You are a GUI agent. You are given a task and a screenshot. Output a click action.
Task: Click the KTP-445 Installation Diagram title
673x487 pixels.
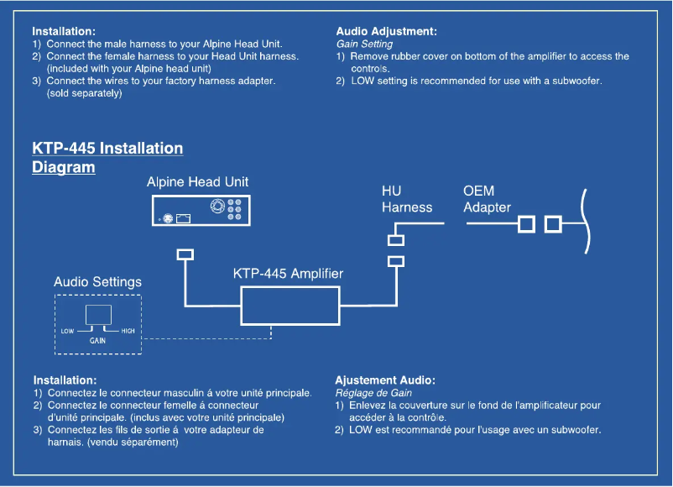coord(107,157)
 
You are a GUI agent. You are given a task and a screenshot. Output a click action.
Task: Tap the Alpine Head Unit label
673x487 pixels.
coord(197,181)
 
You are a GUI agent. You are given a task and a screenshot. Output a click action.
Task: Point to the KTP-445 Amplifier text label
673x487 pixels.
coord(288,274)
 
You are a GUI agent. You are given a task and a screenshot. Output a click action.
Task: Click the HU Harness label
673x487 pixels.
coord(407,199)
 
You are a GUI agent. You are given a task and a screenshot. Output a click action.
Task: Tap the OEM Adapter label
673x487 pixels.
coord(487,199)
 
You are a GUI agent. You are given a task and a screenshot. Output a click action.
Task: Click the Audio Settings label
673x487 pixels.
coord(97,282)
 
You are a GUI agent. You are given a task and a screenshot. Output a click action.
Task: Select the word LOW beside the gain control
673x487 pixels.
coord(68,331)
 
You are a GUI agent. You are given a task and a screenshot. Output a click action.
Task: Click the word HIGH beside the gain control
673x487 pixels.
coord(128,331)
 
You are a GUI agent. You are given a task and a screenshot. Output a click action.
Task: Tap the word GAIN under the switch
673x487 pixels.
coord(97,342)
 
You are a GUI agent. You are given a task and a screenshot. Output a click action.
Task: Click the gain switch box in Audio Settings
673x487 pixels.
coord(98,316)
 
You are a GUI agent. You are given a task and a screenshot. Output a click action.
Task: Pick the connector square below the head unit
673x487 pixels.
coord(185,254)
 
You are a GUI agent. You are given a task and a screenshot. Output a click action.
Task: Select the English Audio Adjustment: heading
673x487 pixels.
coord(386,31)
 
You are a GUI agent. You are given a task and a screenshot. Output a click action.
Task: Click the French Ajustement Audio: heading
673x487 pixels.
coord(384,380)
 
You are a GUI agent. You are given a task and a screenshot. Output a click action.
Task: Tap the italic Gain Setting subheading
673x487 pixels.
coord(364,44)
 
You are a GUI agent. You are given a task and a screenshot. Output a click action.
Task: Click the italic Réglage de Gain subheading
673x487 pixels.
coord(373,393)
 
